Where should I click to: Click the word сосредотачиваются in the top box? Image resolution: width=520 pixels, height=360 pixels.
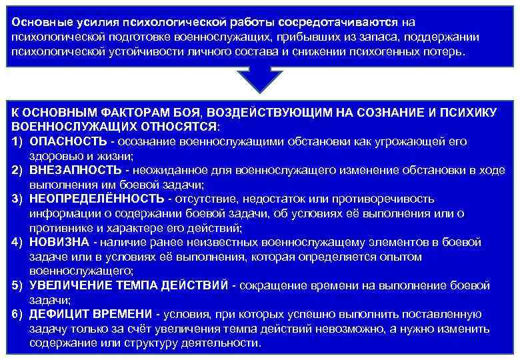coord(334,21)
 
